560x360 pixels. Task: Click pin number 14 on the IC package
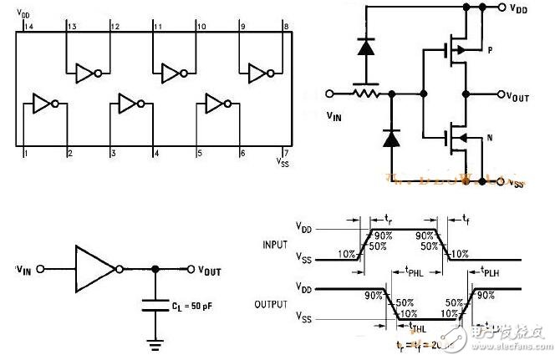point(29,28)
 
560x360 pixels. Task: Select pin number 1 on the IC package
point(27,154)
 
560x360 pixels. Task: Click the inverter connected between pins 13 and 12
point(89,74)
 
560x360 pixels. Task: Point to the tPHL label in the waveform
point(411,271)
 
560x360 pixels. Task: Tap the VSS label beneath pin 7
point(285,165)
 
